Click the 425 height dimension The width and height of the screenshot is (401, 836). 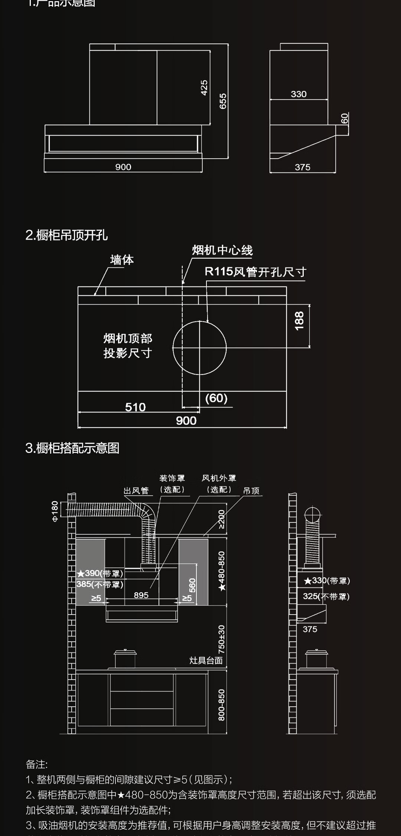[204, 88]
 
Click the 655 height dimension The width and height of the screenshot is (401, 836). [223, 101]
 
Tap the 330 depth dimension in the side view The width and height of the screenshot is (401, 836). [299, 94]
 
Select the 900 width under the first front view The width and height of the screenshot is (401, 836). [123, 167]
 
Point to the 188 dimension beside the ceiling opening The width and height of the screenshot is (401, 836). [299, 321]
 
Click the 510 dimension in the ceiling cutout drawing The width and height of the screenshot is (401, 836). [135, 407]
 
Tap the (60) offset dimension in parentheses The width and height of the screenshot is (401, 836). [216, 398]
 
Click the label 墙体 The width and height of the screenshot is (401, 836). [122, 260]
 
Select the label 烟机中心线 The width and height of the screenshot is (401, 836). [222, 250]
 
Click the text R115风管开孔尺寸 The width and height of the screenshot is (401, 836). [255, 272]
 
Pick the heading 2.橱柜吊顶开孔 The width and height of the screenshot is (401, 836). [66, 235]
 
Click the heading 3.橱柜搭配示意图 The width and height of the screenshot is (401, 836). [72, 448]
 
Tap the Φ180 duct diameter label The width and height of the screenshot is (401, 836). [55, 511]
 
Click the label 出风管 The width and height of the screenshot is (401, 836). [136, 491]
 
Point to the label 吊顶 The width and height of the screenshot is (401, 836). [251, 491]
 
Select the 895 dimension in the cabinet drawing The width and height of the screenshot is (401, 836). [141, 595]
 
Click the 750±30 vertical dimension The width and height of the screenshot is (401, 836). [221, 639]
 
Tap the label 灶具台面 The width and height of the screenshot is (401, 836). [206, 660]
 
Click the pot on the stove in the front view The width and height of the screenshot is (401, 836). [125, 659]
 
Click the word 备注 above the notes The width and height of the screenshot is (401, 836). [36, 764]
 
